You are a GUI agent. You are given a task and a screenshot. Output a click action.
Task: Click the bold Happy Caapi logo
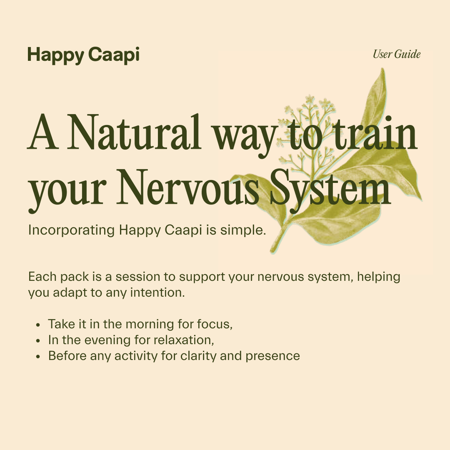[x=83, y=55]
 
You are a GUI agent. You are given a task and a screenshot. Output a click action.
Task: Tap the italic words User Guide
[x=397, y=54]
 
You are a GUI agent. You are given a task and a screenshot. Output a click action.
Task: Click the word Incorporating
[x=71, y=230]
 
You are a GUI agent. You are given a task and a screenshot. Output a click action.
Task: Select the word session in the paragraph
[x=139, y=277]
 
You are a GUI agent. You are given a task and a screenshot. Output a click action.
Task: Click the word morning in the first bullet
[x=152, y=324]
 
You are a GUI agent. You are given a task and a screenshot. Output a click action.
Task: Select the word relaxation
[x=183, y=340]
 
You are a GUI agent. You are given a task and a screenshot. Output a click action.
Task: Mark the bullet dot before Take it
[x=38, y=325]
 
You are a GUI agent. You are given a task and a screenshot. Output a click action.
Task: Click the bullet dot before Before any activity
[x=38, y=357]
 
